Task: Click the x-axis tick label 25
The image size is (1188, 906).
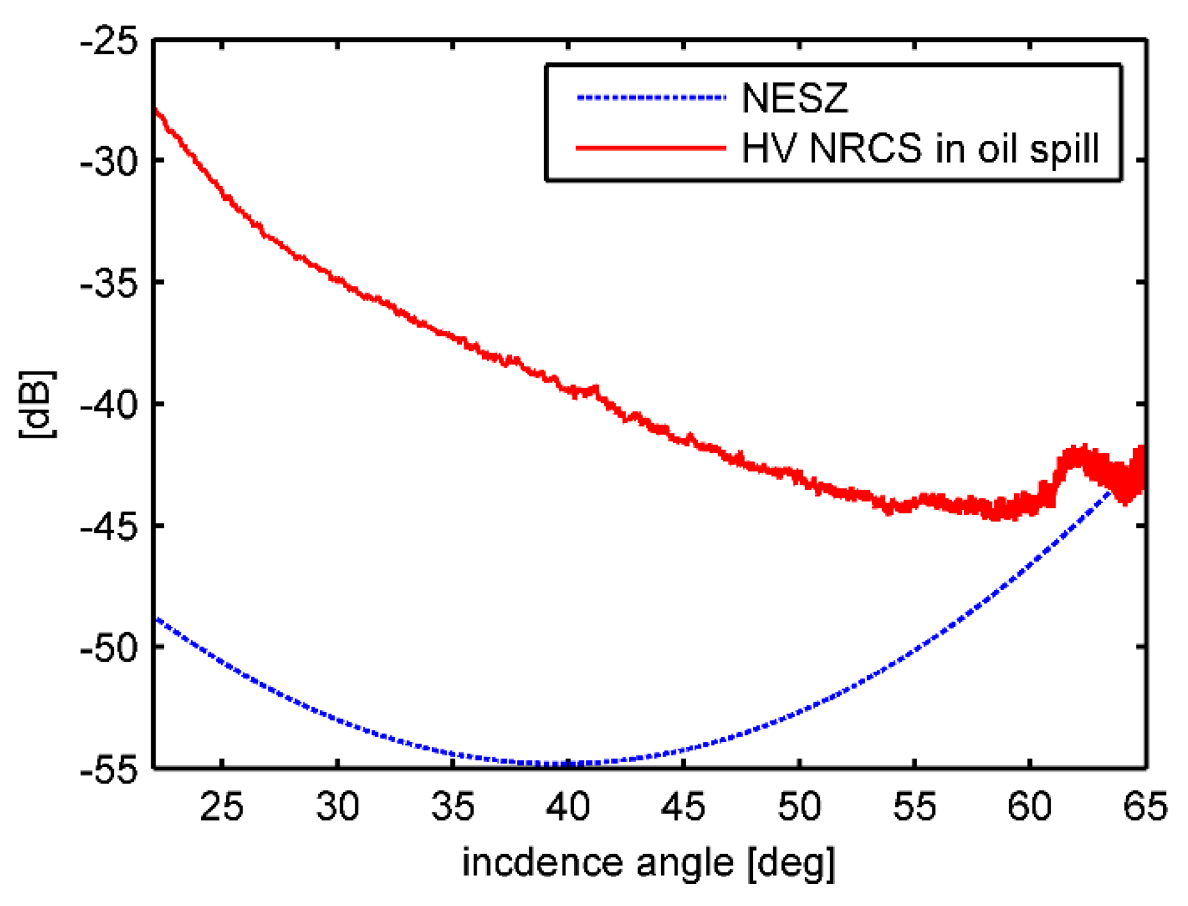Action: [222, 807]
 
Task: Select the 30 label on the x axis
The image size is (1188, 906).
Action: [337, 807]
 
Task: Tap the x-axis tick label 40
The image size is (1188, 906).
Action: [568, 807]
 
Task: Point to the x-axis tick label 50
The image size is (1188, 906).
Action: [799, 807]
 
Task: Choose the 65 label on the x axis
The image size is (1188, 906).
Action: [1144, 807]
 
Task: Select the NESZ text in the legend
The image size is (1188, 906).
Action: [795, 98]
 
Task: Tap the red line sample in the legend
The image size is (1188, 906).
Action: [651, 148]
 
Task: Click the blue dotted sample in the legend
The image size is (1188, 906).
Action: [651, 97]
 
